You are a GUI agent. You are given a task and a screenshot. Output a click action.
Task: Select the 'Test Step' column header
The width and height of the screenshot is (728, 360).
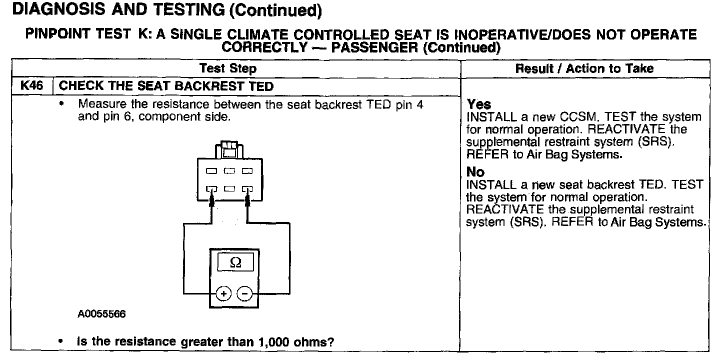pos(227,68)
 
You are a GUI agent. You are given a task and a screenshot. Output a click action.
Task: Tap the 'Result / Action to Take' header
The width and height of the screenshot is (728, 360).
pos(584,68)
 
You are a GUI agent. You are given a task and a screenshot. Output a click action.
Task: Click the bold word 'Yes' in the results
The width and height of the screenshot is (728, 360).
pos(478,104)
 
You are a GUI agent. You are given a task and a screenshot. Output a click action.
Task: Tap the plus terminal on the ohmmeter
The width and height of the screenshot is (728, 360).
pos(223,294)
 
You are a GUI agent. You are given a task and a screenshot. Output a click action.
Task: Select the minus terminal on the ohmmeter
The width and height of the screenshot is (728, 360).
pos(244,294)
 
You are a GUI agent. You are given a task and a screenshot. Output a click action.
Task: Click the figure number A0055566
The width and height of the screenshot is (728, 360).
pos(101,314)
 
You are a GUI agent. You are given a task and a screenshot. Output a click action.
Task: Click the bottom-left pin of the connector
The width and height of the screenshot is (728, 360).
pos(211,189)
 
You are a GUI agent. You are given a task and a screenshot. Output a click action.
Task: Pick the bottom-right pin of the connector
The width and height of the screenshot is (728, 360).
pos(247,189)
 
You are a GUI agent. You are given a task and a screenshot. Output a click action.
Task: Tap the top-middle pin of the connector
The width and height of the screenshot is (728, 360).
pos(229,171)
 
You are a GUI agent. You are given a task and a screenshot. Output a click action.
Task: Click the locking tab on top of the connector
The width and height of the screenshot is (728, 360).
pos(229,149)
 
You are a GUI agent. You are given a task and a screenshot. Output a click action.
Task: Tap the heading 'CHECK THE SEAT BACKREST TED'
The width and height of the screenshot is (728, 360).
pos(166,86)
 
